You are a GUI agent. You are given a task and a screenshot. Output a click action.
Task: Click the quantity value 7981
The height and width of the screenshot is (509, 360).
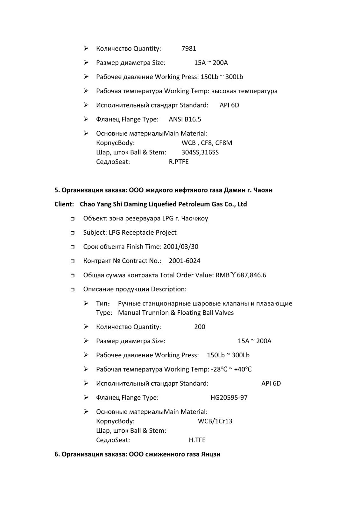[x=189, y=49]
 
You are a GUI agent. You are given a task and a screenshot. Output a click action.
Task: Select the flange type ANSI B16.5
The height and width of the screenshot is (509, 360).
[x=185, y=119]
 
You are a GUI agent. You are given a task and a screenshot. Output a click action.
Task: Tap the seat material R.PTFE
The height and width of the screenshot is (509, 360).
[x=179, y=162]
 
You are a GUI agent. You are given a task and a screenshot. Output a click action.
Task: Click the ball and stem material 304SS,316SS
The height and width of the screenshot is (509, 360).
[x=200, y=152]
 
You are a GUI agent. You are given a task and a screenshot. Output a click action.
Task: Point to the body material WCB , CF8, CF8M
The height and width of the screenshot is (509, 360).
[x=207, y=143]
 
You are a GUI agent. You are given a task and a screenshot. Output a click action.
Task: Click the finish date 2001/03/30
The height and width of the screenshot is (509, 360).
[x=181, y=247]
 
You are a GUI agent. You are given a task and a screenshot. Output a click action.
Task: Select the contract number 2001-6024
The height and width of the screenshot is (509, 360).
[x=185, y=261]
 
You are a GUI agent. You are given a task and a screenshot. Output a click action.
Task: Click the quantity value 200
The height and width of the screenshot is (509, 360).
[x=200, y=327]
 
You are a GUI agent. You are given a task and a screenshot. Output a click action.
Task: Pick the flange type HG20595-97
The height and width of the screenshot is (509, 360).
[x=229, y=398]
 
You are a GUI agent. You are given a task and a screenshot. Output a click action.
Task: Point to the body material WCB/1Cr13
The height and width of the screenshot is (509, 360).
[x=215, y=421]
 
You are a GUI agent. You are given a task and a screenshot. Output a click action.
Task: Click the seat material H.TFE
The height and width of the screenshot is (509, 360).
[x=197, y=440]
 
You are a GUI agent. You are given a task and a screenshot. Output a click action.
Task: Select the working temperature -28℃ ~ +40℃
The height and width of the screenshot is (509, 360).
[x=231, y=369]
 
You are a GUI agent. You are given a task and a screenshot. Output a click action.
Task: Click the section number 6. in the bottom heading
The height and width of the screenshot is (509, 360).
[x=57, y=454]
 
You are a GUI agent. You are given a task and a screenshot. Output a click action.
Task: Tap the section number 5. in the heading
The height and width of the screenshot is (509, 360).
[x=57, y=190]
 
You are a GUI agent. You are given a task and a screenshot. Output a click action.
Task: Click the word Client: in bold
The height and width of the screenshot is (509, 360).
[x=64, y=204]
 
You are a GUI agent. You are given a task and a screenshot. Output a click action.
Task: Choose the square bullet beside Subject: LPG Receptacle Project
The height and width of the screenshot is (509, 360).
[x=73, y=233]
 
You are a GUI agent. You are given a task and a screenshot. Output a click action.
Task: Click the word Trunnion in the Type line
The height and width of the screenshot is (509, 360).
[x=155, y=313]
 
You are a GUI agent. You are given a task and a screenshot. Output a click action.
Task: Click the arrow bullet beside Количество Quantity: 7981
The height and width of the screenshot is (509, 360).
[x=86, y=48]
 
